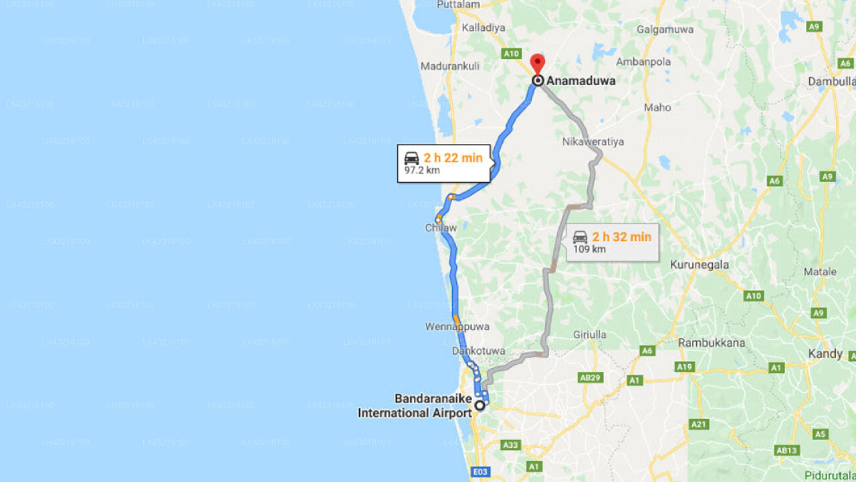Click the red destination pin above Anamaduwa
coord(538,64)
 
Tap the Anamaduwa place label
coord(580,81)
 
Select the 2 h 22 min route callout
coord(444,163)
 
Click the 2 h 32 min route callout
coord(613,242)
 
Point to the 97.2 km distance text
coord(422,171)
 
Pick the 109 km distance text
coord(589,250)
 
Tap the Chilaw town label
coord(441,228)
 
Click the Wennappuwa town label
coord(457,327)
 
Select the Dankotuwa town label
coord(477,351)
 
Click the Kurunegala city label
coord(700,264)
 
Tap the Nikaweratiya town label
coord(593,142)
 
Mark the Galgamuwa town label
coord(665,29)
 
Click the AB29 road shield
coord(589,378)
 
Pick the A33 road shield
coord(511,445)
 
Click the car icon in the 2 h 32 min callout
coord(580,236)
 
